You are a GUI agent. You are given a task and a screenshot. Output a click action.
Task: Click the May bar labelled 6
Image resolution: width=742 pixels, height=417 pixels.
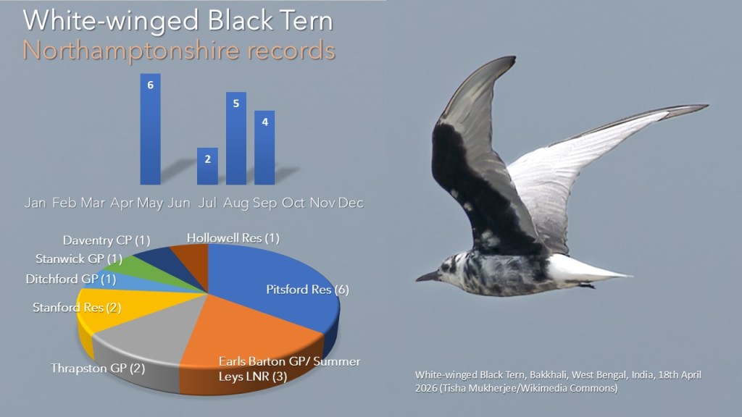click(x=151, y=129)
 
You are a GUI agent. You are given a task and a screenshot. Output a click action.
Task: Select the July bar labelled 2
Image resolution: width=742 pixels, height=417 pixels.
click(x=207, y=166)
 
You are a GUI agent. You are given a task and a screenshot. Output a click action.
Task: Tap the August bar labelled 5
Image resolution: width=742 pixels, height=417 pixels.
click(x=236, y=138)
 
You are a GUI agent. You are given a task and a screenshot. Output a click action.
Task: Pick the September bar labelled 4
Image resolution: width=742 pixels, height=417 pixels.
click(x=264, y=148)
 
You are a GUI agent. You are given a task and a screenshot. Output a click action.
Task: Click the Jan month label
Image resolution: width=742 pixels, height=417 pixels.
click(x=35, y=203)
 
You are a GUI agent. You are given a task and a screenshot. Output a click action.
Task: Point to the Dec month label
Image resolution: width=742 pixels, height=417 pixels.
click(x=351, y=203)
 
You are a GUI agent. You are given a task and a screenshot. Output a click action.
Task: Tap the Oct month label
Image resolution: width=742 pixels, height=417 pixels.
click(x=293, y=203)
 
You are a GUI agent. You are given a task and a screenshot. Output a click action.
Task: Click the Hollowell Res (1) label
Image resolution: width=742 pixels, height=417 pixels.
click(x=233, y=237)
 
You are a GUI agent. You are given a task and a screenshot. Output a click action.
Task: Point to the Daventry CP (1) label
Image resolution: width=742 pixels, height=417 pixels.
click(x=107, y=240)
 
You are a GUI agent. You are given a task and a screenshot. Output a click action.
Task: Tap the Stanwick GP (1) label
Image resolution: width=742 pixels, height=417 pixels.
click(x=79, y=259)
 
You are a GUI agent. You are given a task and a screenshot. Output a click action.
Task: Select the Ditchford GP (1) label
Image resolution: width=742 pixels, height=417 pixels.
click(x=71, y=279)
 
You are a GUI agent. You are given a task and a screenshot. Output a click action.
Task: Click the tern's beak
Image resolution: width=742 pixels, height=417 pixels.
click(x=427, y=277)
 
